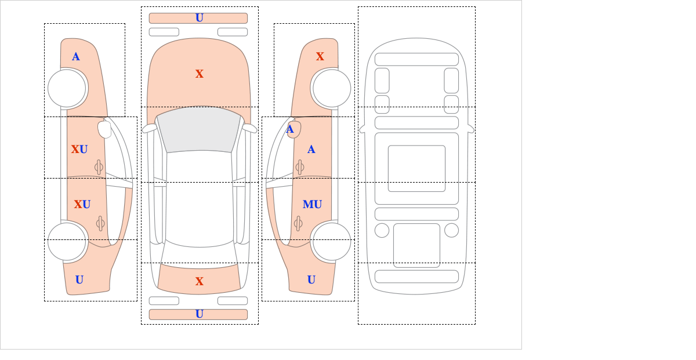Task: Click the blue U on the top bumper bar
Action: click(x=200, y=18)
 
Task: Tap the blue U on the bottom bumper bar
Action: click(x=200, y=314)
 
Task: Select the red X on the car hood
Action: click(x=200, y=74)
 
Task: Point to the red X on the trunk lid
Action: click(x=200, y=281)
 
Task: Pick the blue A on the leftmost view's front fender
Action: click(x=76, y=57)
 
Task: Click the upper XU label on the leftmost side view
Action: click(x=79, y=150)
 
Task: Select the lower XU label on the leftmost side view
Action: click(x=82, y=205)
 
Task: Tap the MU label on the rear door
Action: click(x=312, y=205)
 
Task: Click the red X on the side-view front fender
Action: click(x=320, y=57)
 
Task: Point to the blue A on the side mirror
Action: click(x=290, y=129)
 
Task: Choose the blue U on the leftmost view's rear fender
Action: click(x=79, y=280)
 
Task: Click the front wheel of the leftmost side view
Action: click(x=67, y=88)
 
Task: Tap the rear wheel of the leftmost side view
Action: click(x=67, y=241)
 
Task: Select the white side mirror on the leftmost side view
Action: click(x=104, y=129)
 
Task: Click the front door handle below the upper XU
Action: click(x=99, y=167)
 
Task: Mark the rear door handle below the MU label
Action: click(x=298, y=223)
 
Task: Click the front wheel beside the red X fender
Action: click(x=332, y=88)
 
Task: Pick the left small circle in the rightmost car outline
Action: click(x=382, y=231)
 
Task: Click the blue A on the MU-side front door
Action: click(x=311, y=150)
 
